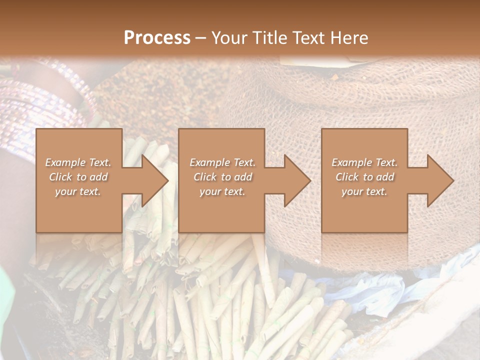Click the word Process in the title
coord(157,37)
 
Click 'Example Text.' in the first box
coord(78,162)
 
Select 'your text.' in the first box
coord(78,191)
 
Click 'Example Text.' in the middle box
coord(222,162)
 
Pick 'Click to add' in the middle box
coord(222,177)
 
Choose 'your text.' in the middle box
coord(222,191)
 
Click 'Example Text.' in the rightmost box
coord(364,162)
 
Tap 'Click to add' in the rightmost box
coord(364,177)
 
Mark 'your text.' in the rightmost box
coord(364,191)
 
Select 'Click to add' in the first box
coord(78,177)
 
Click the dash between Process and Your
coord(201,37)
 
